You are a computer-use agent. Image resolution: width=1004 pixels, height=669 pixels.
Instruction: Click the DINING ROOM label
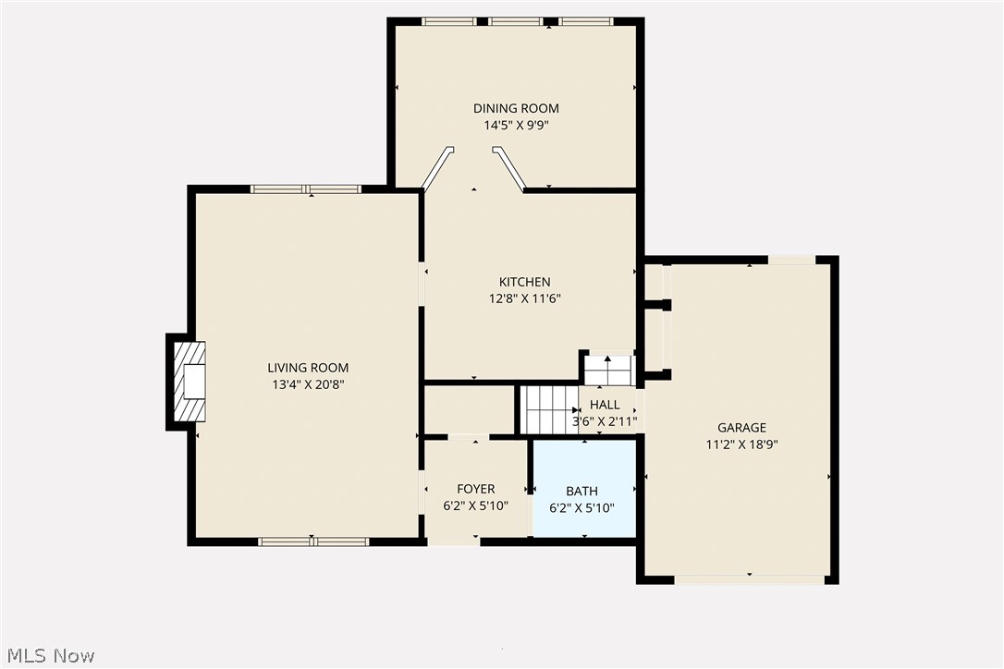[516, 108]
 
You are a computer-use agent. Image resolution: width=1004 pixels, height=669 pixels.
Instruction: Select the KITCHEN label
[524, 282]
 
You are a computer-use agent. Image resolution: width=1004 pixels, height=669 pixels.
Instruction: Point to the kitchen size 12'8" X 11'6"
[524, 298]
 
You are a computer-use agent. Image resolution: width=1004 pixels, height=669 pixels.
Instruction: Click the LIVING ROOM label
[308, 368]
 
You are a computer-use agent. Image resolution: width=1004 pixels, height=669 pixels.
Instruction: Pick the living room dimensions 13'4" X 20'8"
[308, 384]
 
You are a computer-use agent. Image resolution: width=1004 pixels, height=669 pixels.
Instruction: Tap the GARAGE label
[741, 428]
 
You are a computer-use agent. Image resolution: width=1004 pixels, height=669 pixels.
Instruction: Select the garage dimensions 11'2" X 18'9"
[741, 444]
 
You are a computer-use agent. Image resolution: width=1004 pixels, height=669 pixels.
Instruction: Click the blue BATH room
[583, 491]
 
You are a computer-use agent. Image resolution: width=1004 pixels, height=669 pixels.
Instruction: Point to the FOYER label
[475, 489]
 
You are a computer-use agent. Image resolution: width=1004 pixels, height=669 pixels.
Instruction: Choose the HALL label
[605, 405]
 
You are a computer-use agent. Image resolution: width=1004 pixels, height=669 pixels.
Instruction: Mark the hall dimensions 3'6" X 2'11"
[605, 421]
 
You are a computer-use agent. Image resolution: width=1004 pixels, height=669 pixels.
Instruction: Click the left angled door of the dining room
[436, 168]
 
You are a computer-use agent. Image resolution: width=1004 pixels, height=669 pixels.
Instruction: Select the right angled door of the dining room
[509, 167]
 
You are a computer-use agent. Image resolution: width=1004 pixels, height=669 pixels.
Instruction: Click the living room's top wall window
[306, 189]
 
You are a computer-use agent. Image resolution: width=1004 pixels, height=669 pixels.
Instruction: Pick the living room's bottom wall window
[313, 541]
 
